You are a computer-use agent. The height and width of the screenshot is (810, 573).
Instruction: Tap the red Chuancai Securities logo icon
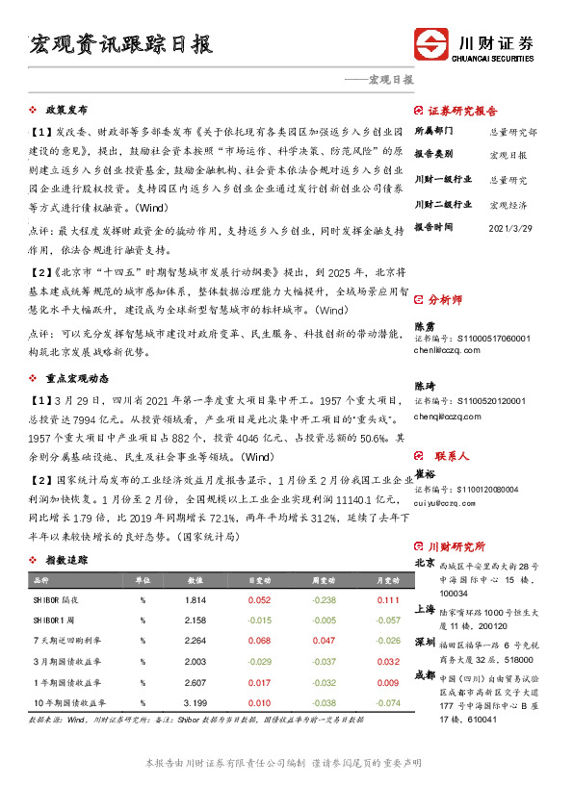(x=430, y=45)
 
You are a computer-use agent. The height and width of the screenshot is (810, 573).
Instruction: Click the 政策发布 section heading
(x=67, y=110)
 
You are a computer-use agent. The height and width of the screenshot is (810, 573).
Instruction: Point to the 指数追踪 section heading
(x=67, y=560)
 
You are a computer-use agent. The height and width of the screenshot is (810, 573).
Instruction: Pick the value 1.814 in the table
(x=195, y=600)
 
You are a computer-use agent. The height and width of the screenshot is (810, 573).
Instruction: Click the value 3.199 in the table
(x=195, y=703)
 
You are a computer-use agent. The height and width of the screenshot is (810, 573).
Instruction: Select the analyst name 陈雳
(x=424, y=326)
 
